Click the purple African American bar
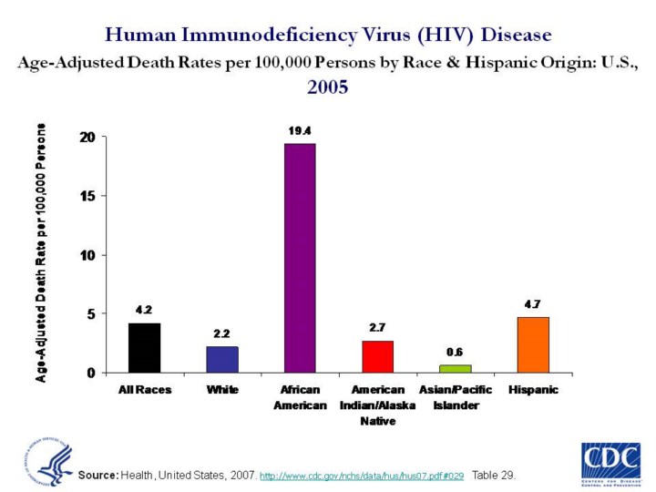pos(300,258)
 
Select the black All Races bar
pos(145,348)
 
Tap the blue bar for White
pos(222,359)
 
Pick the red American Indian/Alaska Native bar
pos(377,356)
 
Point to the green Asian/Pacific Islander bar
pos(455,368)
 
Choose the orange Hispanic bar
pos(532,344)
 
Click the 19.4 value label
pos(301,131)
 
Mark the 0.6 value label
pos(455,352)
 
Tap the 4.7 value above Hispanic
pos(532,303)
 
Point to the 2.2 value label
pos(222,333)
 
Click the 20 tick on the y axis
pos(87,138)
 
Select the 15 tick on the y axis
pos(87,196)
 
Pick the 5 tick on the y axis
pos(90,314)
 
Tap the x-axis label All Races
pos(145,390)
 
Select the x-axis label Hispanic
pos(532,390)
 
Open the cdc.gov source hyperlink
pos(362,477)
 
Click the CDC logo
pos(610,463)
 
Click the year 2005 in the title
pos(327,87)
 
